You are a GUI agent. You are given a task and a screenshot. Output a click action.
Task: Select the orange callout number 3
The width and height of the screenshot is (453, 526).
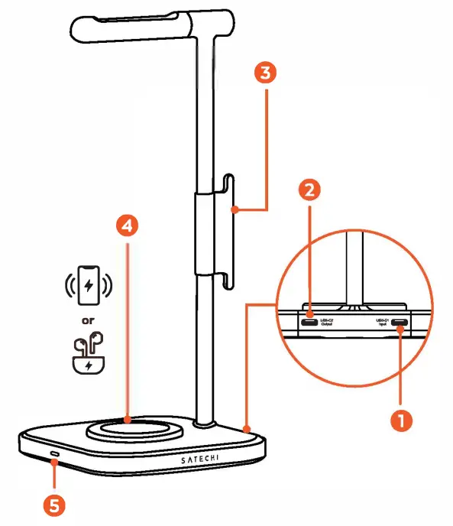point(264,74)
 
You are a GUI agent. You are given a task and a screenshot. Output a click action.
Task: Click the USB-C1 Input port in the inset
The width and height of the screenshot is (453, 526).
point(399,323)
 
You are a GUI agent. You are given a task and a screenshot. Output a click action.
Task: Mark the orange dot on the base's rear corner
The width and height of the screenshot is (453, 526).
point(246,427)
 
